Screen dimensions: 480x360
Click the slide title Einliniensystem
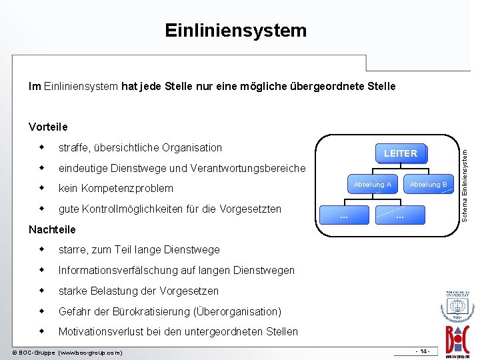tap(235, 31)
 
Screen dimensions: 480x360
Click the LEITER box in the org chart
tap(400, 154)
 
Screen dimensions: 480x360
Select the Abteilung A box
tap(373, 184)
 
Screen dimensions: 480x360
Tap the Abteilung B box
tap(428, 184)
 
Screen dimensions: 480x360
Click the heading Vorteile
tap(48, 127)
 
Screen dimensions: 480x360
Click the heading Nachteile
tap(52, 229)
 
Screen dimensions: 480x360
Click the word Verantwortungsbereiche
tap(248, 168)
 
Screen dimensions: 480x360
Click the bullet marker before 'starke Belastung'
tap(41, 291)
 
